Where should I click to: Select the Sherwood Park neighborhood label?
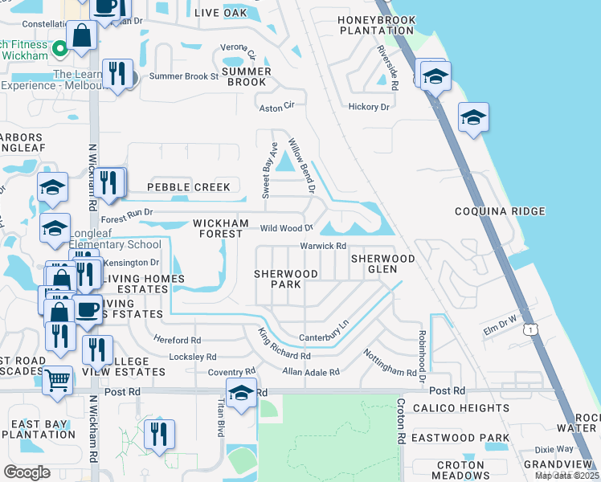pyautogui.click(x=286, y=280)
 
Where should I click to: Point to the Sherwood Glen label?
pyautogui.click(x=382, y=263)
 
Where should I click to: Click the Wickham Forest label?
pyautogui.click(x=216, y=228)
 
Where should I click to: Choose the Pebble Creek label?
pyautogui.click(x=188, y=187)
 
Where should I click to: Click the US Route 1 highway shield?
pyautogui.click(x=530, y=330)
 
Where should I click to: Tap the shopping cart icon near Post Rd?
pyautogui.click(x=57, y=380)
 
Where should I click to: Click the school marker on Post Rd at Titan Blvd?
pyautogui.click(x=240, y=393)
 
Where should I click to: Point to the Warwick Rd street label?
pyautogui.click(x=322, y=246)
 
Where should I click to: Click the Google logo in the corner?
pyautogui.click(x=27, y=472)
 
